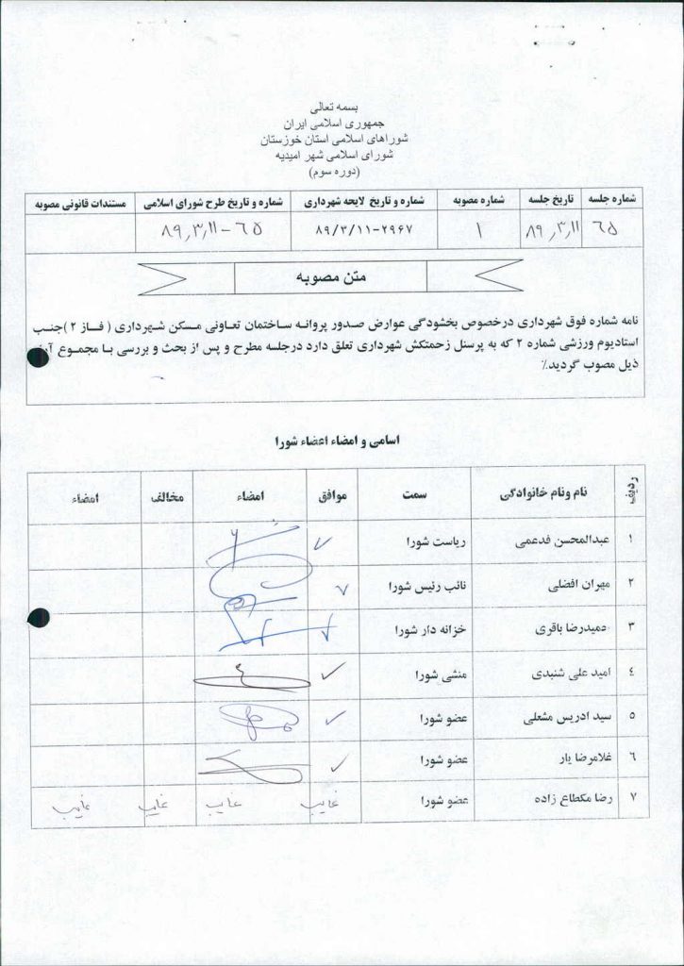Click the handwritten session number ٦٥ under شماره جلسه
(612, 229)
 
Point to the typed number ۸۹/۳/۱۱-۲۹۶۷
(361, 229)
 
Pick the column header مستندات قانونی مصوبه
(80, 201)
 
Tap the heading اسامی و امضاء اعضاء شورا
(335, 441)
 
